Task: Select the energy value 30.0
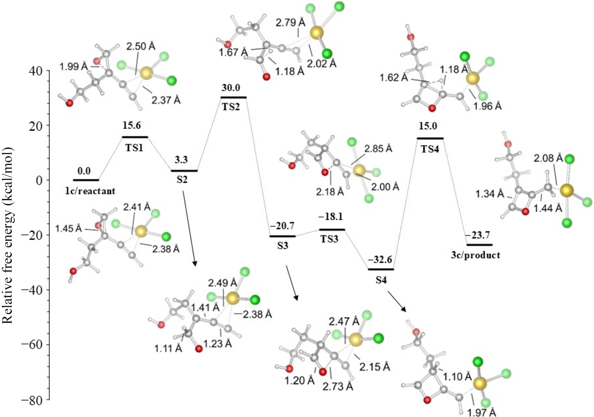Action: [231, 88]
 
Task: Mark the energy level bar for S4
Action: [381, 269]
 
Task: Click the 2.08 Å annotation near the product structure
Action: [548, 158]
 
